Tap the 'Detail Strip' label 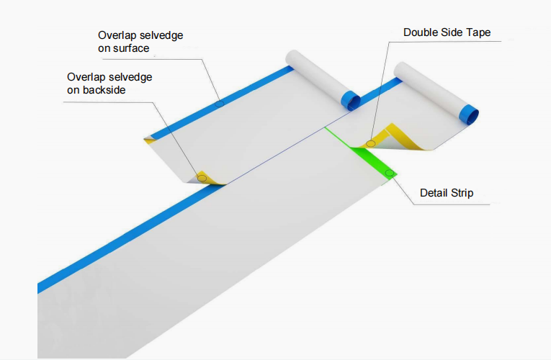coord(447,193)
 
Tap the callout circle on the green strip coord(389,173)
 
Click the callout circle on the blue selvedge coord(220,104)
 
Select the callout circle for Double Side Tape coord(371,143)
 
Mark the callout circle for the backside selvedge coord(202,177)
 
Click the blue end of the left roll coord(351,100)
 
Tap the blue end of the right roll coord(470,114)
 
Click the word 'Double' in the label coord(421,32)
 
